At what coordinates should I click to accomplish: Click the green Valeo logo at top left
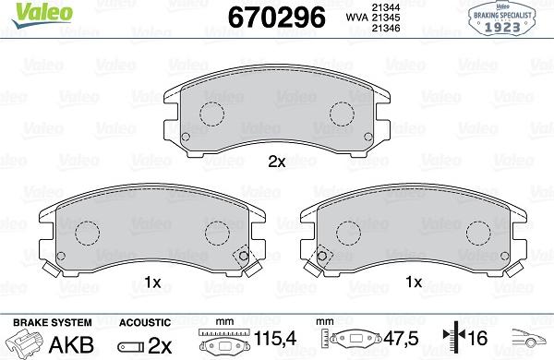[x=26, y=11]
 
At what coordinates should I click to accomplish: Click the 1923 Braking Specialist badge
[x=504, y=18]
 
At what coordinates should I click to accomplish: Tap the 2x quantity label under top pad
[x=277, y=162]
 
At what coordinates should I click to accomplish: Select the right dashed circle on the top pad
[x=343, y=114]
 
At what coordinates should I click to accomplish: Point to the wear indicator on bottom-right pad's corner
[x=322, y=258]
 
